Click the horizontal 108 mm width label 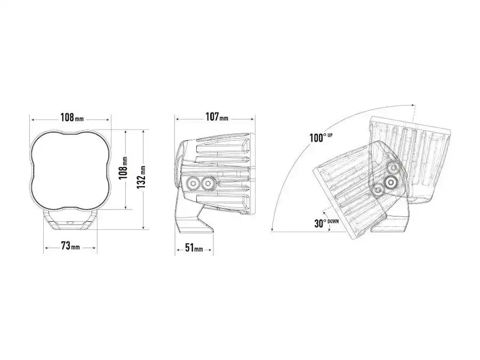[72, 117]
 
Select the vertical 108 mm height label [123, 169]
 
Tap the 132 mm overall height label [141, 177]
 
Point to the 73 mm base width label [70, 246]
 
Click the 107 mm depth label [217, 117]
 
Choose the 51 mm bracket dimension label [194, 247]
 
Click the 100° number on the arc [316, 138]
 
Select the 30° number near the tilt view [320, 223]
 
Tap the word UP [330, 135]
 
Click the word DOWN [333, 221]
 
